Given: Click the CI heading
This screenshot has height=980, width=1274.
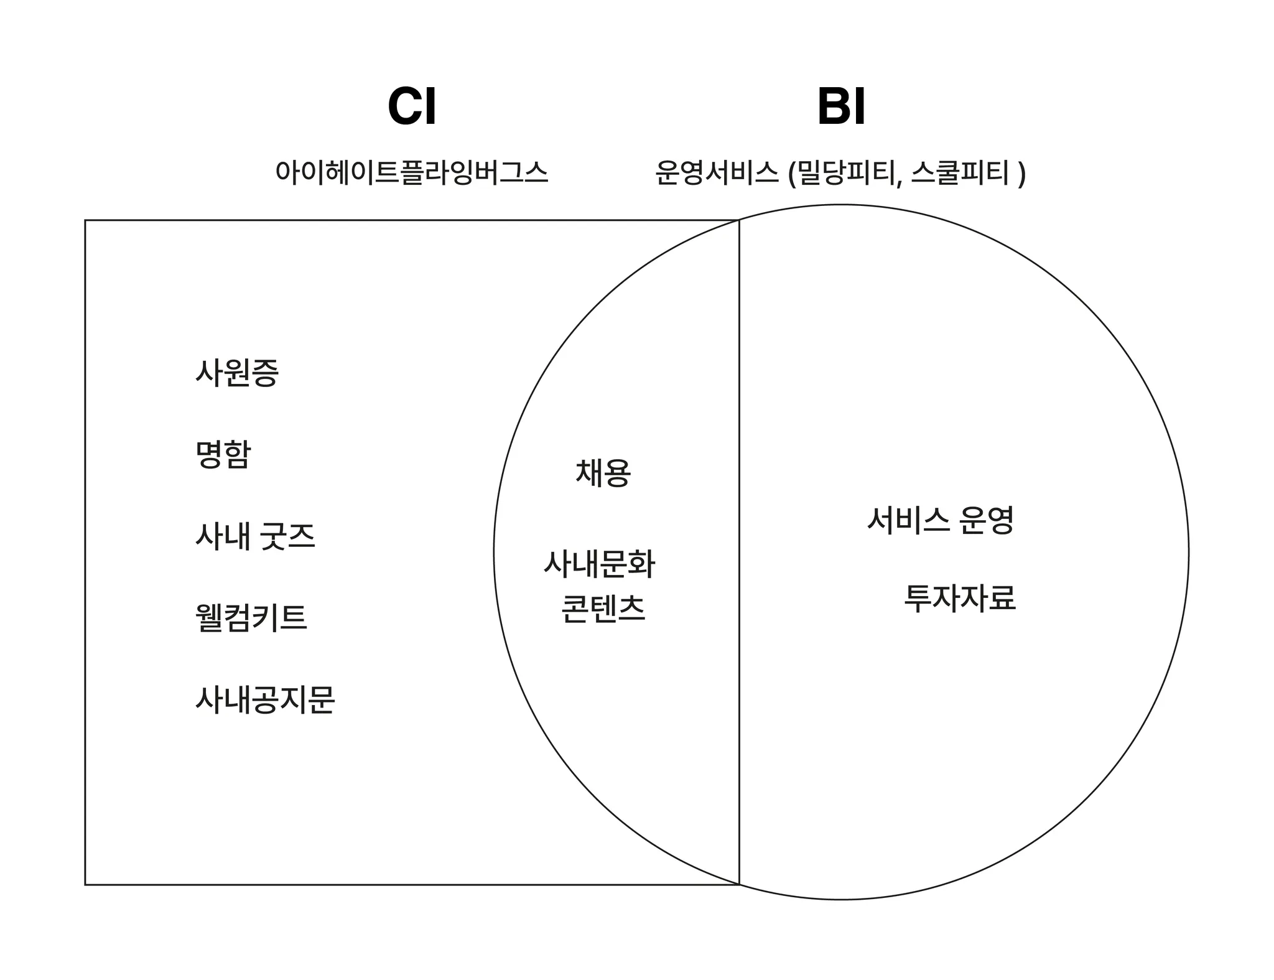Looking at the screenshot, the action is click(x=411, y=106).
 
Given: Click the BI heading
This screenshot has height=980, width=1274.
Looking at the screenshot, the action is click(x=841, y=106).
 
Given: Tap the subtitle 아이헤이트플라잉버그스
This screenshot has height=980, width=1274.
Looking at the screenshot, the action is click(x=411, y=172).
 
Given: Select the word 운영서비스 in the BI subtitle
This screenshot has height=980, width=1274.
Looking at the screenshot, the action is click(x=716, y=172).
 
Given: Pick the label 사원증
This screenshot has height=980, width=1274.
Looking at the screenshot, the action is click(x=237, y=373).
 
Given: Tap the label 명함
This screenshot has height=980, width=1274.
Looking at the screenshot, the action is click(x=223, y=454).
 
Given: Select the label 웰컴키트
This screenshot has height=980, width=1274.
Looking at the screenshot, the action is click(x=251, y=618).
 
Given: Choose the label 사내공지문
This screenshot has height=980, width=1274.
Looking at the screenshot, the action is click(x=265, y=699).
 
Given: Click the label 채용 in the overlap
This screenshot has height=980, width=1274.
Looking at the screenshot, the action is click(x=603, y=473).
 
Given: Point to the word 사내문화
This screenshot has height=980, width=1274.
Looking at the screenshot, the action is click(x=600, y=564).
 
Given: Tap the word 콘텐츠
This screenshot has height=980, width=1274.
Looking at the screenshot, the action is click(x=603, y=609).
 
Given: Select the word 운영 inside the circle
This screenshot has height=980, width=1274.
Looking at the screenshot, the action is click(x=986, y=520).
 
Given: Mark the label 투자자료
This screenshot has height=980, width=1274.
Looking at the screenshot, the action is click(x=959, y=598).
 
